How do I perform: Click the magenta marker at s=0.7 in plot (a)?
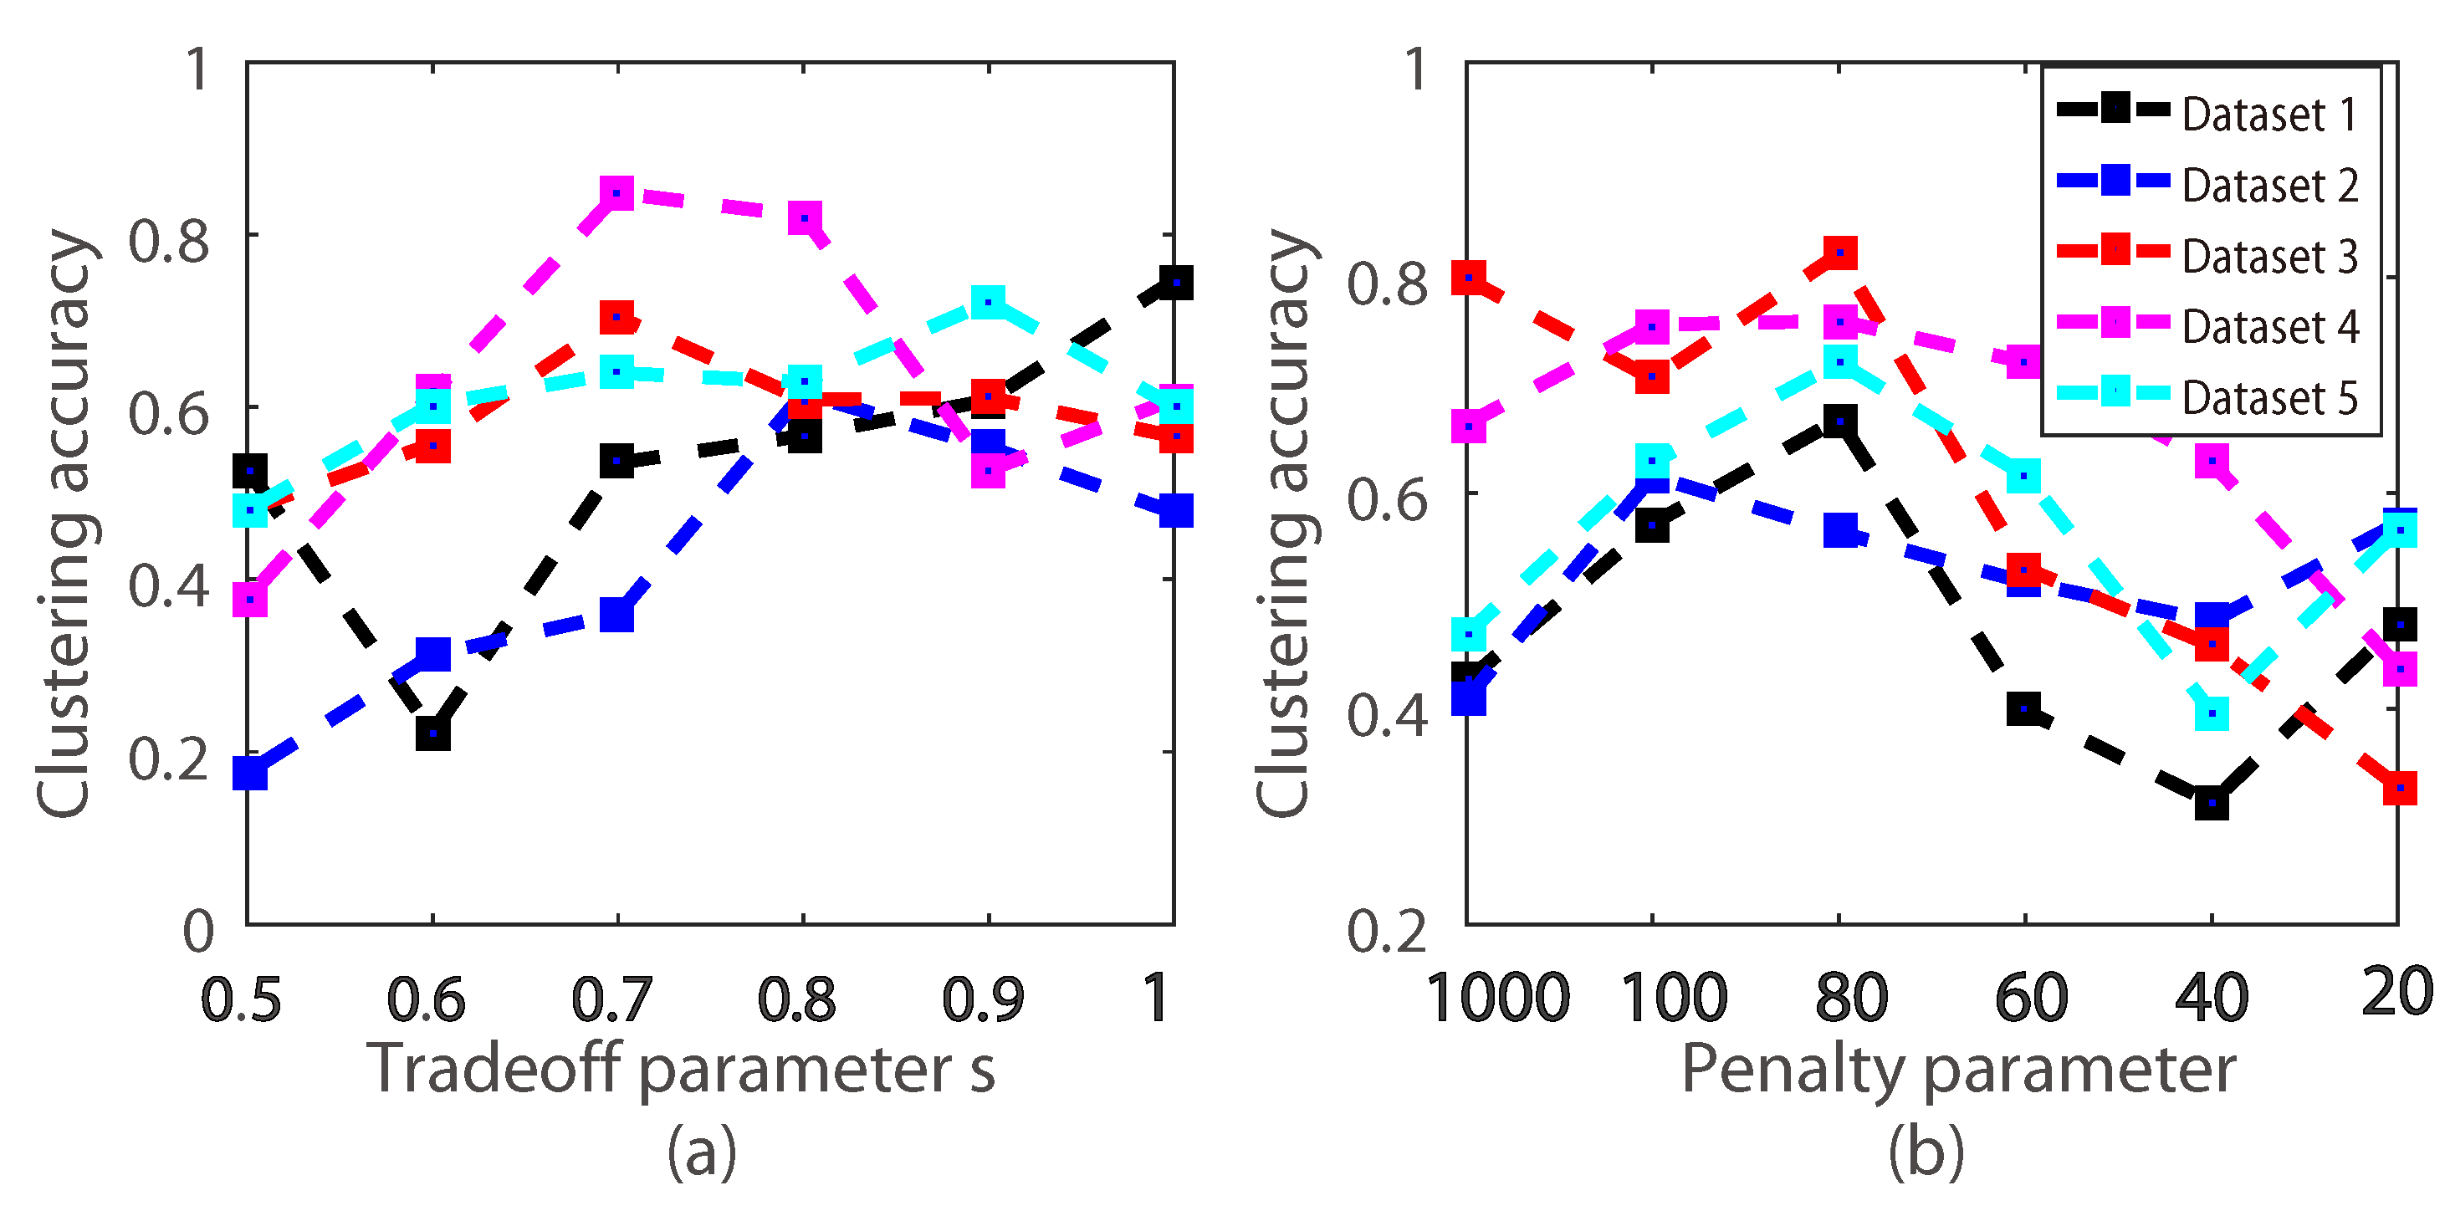[617, 194]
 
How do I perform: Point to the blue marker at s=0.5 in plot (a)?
[249, 773]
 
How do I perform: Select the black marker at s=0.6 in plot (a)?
[432, 733]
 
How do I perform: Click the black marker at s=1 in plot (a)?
[1175, 283]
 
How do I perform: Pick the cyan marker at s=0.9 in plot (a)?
[990, 303]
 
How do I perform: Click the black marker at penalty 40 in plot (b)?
[2212, 803]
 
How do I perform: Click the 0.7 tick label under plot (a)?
[611, 999]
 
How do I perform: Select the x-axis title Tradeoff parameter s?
[681, 1068]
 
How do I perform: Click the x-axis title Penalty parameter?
[1958, 1068]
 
